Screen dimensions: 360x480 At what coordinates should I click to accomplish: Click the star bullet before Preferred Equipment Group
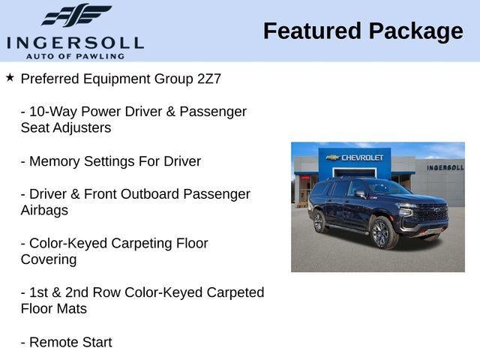[x=10, y=77]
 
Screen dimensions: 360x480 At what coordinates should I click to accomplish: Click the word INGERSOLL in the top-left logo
[x=75, y=42]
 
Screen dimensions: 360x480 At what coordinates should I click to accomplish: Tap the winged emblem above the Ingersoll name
[x=76, y=16]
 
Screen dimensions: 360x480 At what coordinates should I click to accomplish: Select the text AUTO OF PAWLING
[x=75, y=56]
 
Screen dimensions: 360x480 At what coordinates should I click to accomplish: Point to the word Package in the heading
[x=415, y=31]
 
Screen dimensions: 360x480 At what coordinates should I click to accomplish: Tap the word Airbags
[x=44, y=211]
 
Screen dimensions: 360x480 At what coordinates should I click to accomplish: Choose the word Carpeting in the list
[x=142, y=244]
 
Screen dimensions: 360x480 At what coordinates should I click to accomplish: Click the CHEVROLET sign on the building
[x=357, y=157]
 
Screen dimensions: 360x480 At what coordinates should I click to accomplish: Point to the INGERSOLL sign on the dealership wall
[x=445, y=167]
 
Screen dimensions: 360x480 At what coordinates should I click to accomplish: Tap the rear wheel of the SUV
[x=318, y=221]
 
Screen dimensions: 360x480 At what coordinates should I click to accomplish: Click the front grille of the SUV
[x=431, y=213]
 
